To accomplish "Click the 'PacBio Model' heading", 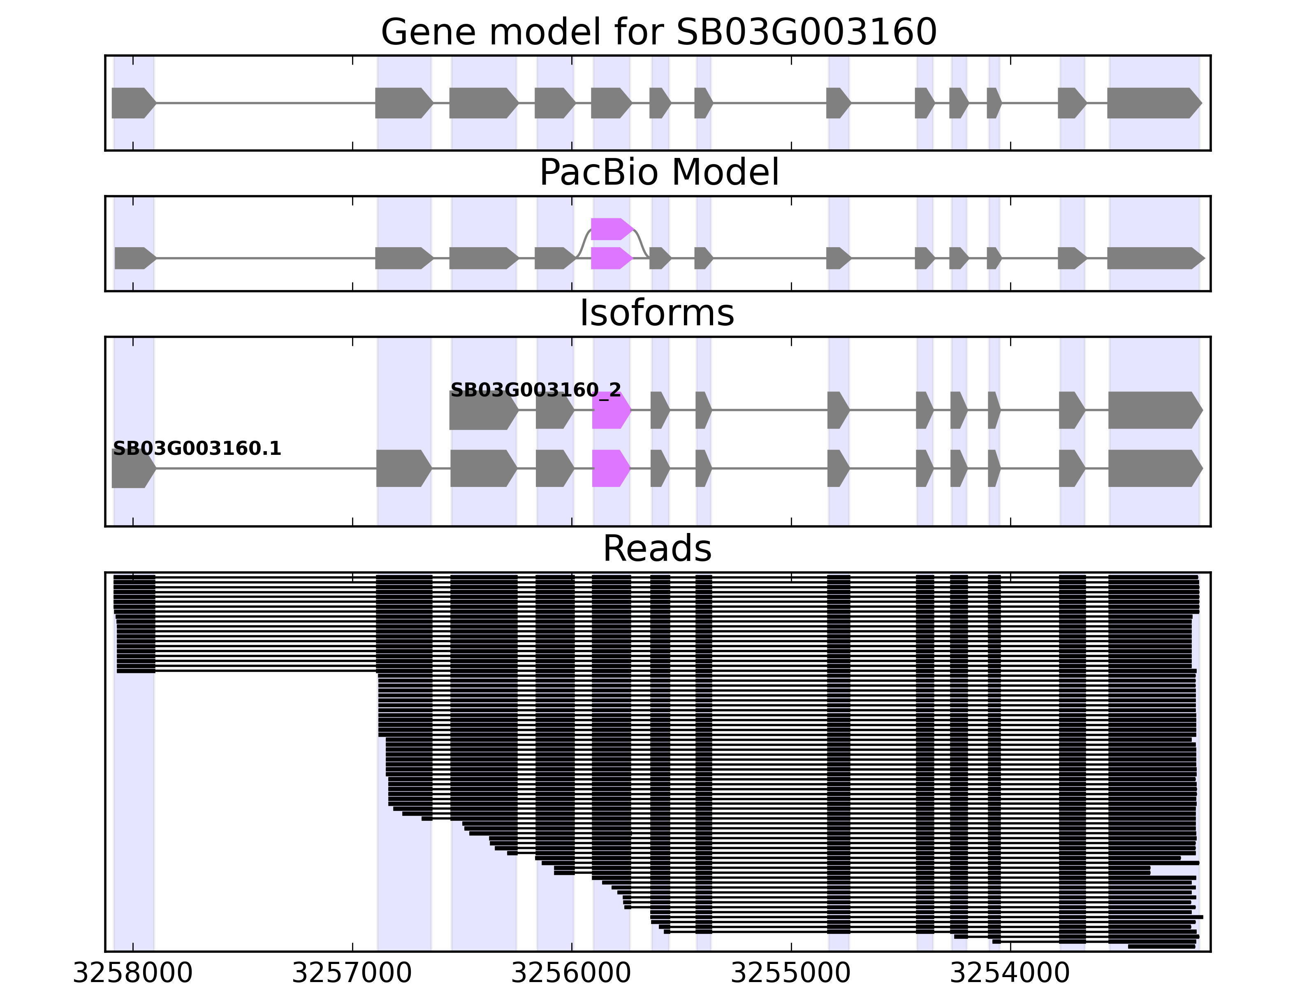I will click(x=658, y=173).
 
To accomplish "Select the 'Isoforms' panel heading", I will click(x=656, y=313).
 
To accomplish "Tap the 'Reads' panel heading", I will click(x=656, y=549).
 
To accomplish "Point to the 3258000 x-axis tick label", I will click(x=133, y=973).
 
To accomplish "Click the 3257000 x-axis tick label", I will click(x=352, y=973).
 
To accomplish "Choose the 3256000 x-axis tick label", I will click(x=571, y=973).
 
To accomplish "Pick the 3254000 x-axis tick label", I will click(x=1010, y=973).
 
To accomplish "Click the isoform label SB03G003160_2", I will click(x=535, y=390).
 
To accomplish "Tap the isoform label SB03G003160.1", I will click(x=196, y=449).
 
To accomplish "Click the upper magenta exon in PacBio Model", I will click(x=610, y=229).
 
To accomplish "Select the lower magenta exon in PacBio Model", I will click(x=610, y=258).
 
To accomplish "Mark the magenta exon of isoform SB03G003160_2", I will click(x=610, y=410).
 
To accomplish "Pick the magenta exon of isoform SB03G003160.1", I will click(x=610, y=468).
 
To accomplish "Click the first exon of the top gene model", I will click(x=132, y=103).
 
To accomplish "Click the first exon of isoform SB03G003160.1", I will click(x=132, y=468).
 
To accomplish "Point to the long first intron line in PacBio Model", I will click(x=265, y=258).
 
